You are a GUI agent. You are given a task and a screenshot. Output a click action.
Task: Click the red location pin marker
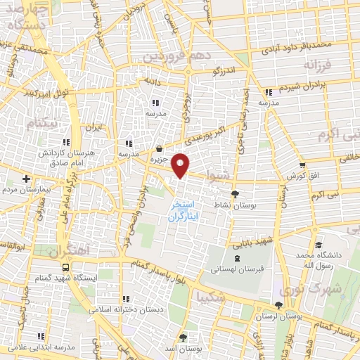181,165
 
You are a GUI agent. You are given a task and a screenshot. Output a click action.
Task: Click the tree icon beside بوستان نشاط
234,195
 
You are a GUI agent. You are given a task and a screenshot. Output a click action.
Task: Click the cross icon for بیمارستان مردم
26,179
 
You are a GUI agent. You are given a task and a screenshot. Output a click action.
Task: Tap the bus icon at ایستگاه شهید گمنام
65,267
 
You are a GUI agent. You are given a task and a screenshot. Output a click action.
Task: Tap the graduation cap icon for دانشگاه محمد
319,246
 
